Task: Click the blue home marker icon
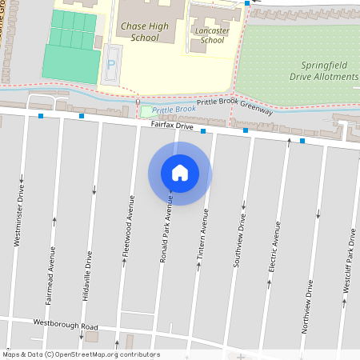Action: [180, 173]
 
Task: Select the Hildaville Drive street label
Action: [88, 275]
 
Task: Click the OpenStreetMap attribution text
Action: [81, 354]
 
